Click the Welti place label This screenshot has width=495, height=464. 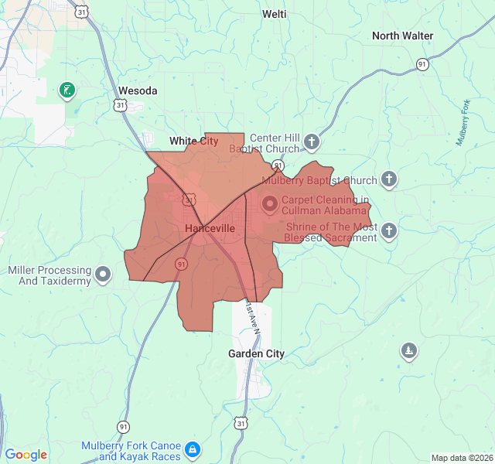274,14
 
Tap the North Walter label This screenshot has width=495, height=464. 402,36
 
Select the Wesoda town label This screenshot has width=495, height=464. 137,90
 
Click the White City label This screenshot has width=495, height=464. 193,141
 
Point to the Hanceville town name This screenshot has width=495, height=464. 210,229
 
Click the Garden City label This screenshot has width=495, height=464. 256,353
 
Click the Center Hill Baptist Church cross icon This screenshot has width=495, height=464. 311,142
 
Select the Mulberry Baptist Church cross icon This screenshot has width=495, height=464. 389,180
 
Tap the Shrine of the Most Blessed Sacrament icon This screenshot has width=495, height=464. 389,230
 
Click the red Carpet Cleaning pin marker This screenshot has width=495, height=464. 269,205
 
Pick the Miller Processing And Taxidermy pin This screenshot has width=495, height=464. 104,275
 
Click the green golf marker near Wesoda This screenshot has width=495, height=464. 68,90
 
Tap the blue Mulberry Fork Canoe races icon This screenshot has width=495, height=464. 193,449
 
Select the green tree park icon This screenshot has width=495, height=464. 409,352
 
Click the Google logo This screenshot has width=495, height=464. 26,455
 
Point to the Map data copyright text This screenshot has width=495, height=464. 461,458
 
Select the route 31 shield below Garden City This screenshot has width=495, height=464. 241,423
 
